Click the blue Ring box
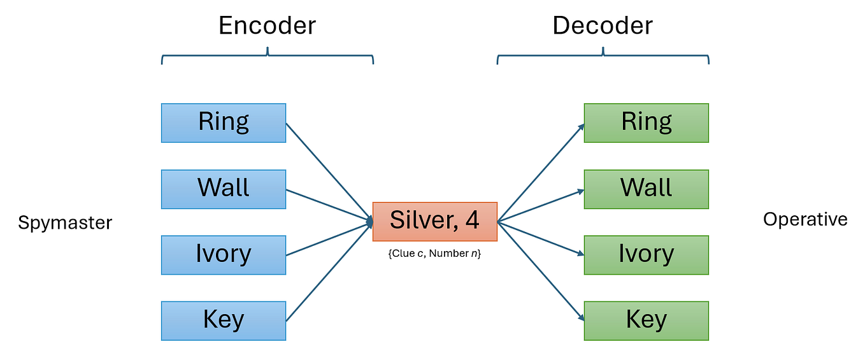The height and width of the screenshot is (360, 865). click(224, 123)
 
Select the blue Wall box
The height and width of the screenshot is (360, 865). click(224, 189)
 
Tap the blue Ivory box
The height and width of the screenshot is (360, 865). click(224, 255)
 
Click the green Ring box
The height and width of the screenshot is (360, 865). click(646, 123)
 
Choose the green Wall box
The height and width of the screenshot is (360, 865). click(646, 189)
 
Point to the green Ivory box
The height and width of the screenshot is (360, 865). click(646, 255)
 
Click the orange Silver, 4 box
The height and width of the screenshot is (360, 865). click(434, 221)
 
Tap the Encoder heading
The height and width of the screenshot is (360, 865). click(267, 25)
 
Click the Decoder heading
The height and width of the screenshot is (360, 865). click(602, 25)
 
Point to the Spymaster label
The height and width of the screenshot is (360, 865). click(65, 223)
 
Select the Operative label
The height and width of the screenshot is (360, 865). click(805, 220)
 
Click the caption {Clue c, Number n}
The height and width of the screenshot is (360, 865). click(434, 254)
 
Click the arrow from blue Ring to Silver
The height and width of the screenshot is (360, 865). click(328, 171)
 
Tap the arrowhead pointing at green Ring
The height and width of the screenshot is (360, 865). click(580, 127)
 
